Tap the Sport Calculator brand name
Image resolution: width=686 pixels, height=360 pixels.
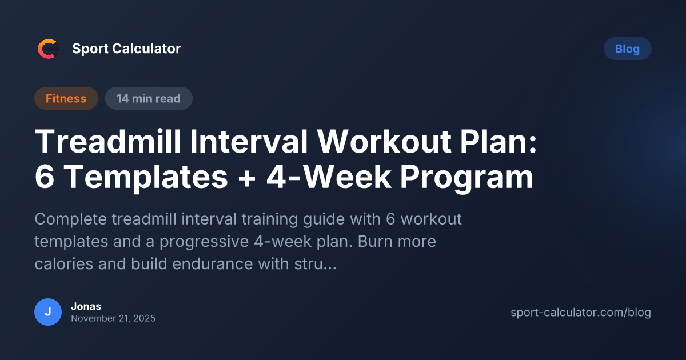pos(126,49)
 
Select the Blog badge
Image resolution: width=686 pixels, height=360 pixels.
pos(627,49)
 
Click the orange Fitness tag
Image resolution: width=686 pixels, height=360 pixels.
pos(66,98)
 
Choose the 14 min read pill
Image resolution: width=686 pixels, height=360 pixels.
pos(149,98)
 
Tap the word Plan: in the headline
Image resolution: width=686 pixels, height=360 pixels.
pos(505,142)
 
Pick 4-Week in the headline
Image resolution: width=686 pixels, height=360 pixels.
pos(326,178)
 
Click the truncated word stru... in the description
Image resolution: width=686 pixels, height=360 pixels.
pos(314,265)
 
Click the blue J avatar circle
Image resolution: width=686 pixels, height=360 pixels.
pos(48,312)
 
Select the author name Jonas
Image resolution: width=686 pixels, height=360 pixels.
pos(86,306)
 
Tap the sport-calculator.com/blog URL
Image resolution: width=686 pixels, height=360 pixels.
pos(580,313)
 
